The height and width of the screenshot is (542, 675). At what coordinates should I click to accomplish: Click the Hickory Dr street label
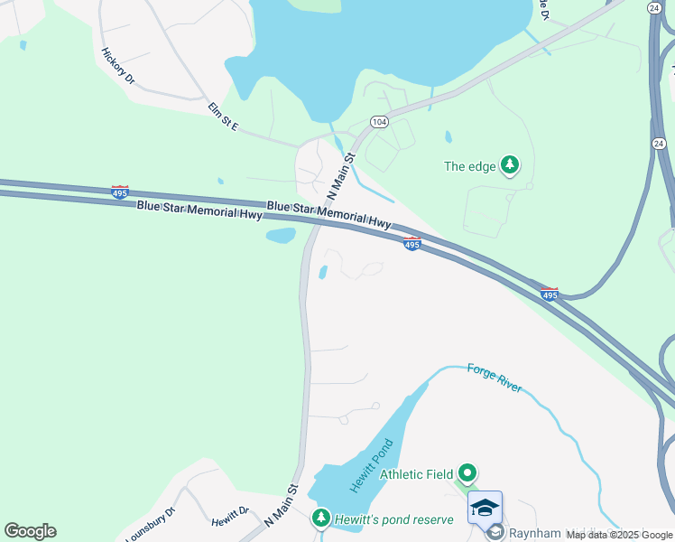[118, 66]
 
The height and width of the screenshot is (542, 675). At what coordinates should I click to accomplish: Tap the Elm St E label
[223, 117]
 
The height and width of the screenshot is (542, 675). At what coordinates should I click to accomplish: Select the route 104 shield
[378, 122]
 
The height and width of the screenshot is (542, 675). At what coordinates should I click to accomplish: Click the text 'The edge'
[469, 166]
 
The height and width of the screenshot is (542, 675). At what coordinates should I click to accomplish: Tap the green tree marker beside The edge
[511, 164]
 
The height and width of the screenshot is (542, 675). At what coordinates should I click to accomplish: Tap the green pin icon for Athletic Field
[467, 472]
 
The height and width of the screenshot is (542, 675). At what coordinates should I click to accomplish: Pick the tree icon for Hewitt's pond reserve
[320, 518]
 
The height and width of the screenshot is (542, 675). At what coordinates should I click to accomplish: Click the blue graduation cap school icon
[485, 507]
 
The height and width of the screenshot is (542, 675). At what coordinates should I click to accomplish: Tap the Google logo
[30, 531]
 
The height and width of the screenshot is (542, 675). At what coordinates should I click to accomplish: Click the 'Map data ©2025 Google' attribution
[619, 535]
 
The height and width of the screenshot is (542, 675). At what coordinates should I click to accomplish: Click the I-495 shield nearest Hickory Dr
[119, 191]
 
